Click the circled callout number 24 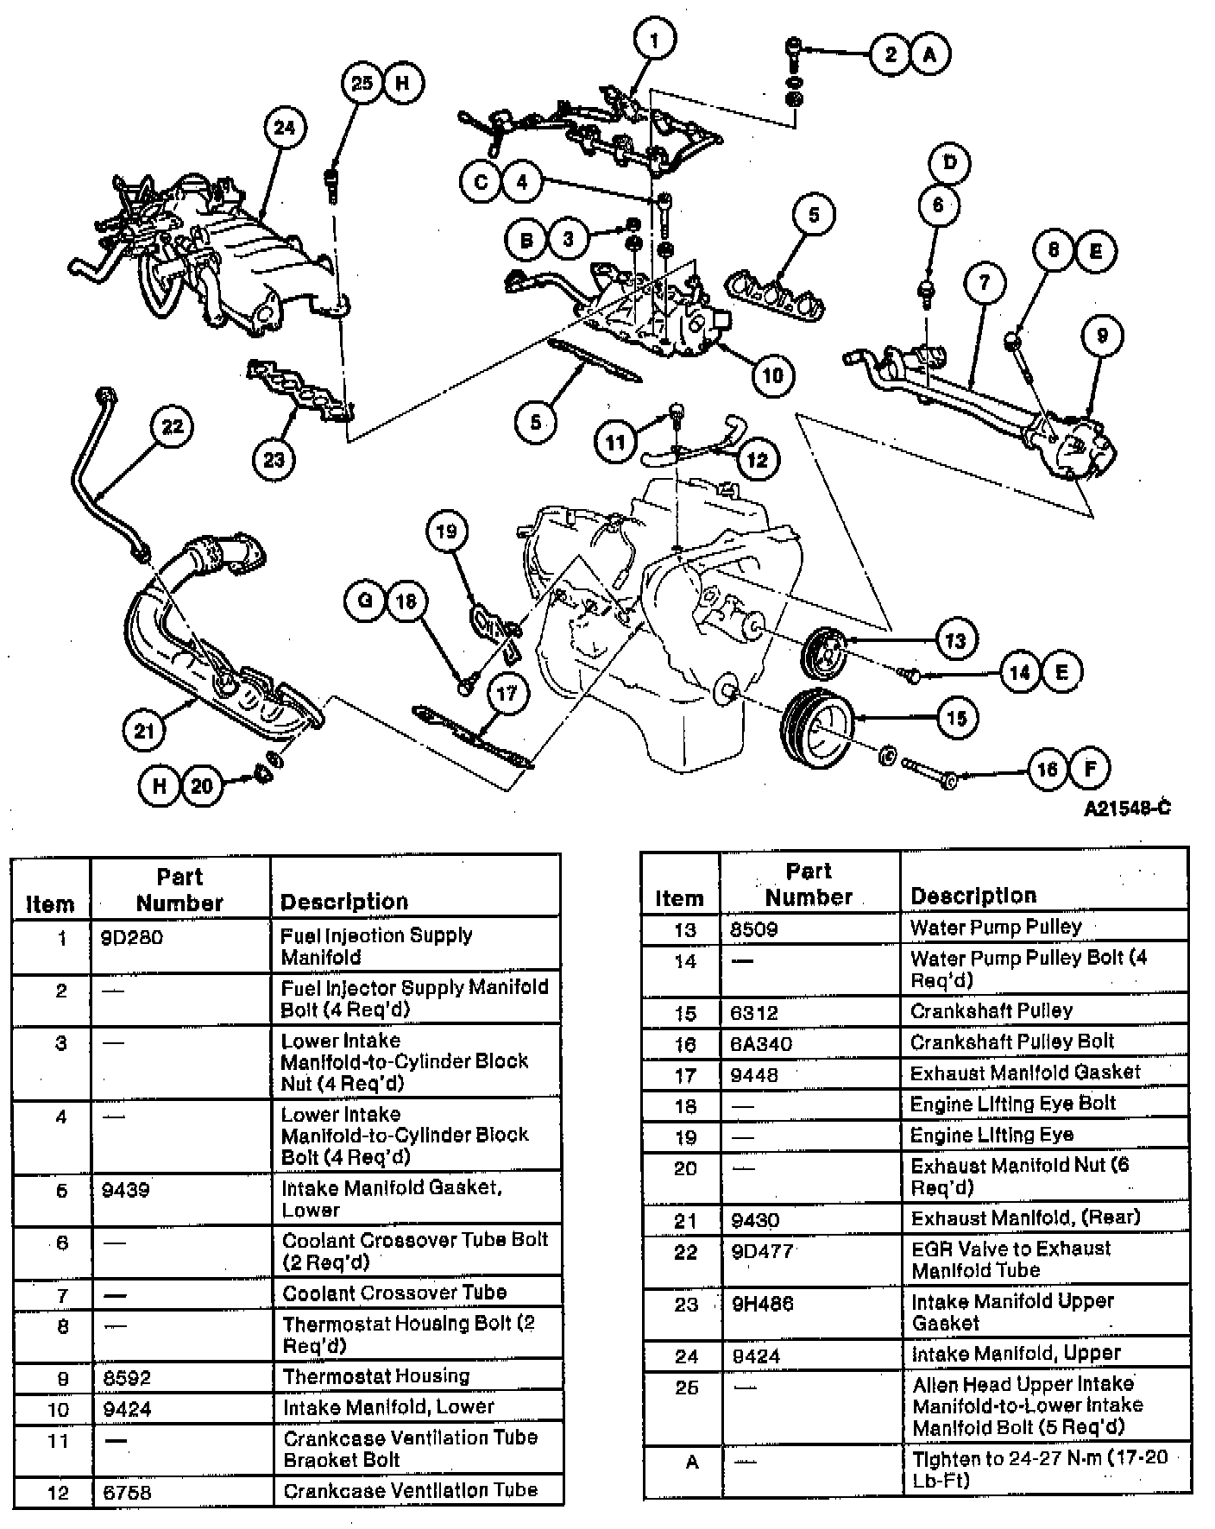(284, 129)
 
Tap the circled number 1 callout (654, 40)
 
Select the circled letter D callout (949, 162)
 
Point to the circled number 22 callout (173, 426)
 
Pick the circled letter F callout (1089, 768)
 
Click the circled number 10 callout (772, 374)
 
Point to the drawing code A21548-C (1127, 809)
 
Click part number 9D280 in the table (132, 937)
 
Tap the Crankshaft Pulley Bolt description (1012, 1041)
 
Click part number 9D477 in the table (761, 1251)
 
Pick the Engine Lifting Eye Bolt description (1013, 1104)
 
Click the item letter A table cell (691, 1463)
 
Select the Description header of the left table (344, 902)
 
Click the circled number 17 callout (507, 693)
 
